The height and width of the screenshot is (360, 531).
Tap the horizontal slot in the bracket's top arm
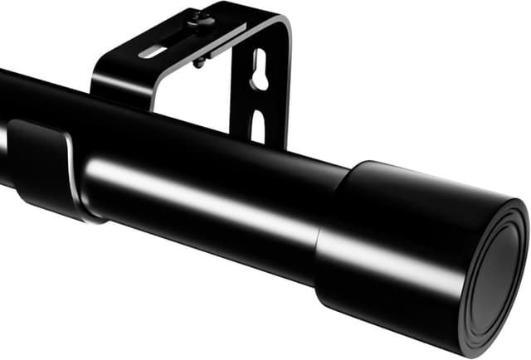[x=153, y=51]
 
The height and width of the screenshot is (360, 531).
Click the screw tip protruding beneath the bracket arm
[x=199, y=62]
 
